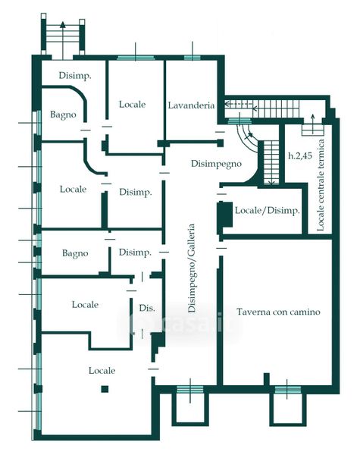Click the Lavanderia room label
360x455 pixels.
(191, 105)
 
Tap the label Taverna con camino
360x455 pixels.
(278, 312)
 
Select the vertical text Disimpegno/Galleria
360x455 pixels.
(192, 268)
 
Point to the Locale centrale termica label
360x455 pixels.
(321, 185)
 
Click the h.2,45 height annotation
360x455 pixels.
(300, 155)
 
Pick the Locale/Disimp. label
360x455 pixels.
(268, 210)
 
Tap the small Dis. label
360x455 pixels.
(147, 308)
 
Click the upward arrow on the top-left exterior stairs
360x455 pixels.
(63, 41)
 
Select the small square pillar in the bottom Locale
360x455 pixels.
(105, 389)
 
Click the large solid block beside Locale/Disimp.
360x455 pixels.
(225, 214)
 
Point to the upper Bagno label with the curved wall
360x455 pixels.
(63, 115)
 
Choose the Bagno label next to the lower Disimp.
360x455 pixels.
(75, 253)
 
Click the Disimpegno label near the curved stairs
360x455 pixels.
(216, 164)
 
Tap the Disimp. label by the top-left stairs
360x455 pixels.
(75, 76)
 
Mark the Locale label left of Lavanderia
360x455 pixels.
(132, 105)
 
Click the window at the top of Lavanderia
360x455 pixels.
(193, 58)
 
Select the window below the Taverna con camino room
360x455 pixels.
(287, 390)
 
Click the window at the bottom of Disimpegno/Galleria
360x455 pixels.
(190, 390)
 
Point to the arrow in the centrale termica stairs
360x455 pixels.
(312, 124)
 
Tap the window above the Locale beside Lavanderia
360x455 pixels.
(136, 58)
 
